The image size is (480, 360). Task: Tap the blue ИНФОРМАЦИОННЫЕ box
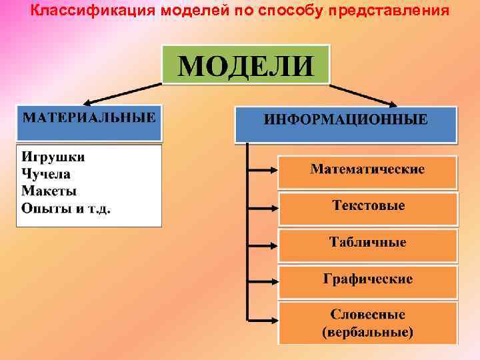coord(346,123)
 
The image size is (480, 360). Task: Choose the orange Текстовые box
coord(367,207)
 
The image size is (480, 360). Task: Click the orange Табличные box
coord(367,243)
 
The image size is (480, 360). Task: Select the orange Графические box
coord(367,280)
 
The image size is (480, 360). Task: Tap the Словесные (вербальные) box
coord(367,321)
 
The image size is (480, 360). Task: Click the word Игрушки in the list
coord(53,158)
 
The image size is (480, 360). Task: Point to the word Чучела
coord(46,175)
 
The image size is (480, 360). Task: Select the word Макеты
coord(49,191)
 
